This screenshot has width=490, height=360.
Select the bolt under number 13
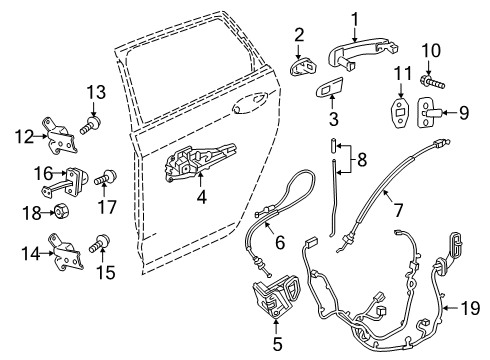pos(91,125)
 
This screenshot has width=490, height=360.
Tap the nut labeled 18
pos(59,213)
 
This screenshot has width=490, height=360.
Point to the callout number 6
pos(280,241)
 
